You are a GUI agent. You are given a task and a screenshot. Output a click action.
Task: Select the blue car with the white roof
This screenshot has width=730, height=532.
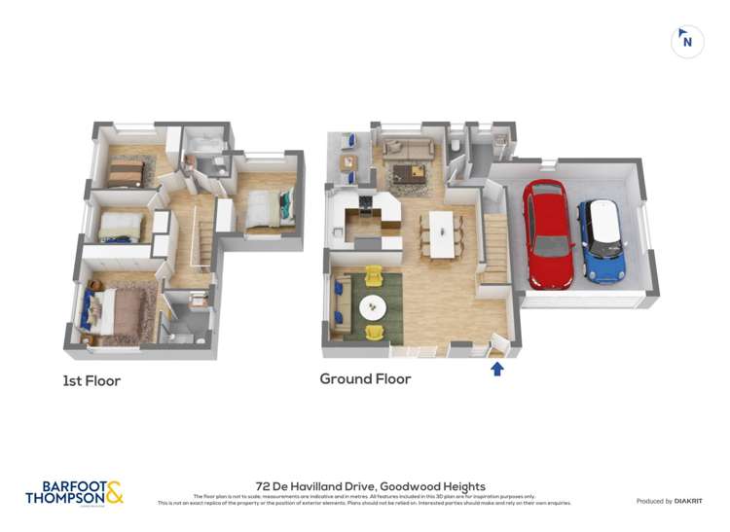click(602, 240)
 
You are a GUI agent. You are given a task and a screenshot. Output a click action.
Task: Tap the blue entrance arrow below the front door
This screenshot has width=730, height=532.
click(497, 369)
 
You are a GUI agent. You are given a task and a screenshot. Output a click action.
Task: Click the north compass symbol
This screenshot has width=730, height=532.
click(687, 41)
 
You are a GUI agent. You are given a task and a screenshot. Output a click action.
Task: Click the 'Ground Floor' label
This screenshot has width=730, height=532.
click(365, 379)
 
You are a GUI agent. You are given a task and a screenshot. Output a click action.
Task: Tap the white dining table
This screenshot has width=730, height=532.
click(442, 233)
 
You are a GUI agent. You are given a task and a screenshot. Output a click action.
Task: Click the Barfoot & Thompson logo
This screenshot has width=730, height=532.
click(74, 492)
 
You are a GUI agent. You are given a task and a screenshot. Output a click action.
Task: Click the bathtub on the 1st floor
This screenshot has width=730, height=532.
click(205, 148)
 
